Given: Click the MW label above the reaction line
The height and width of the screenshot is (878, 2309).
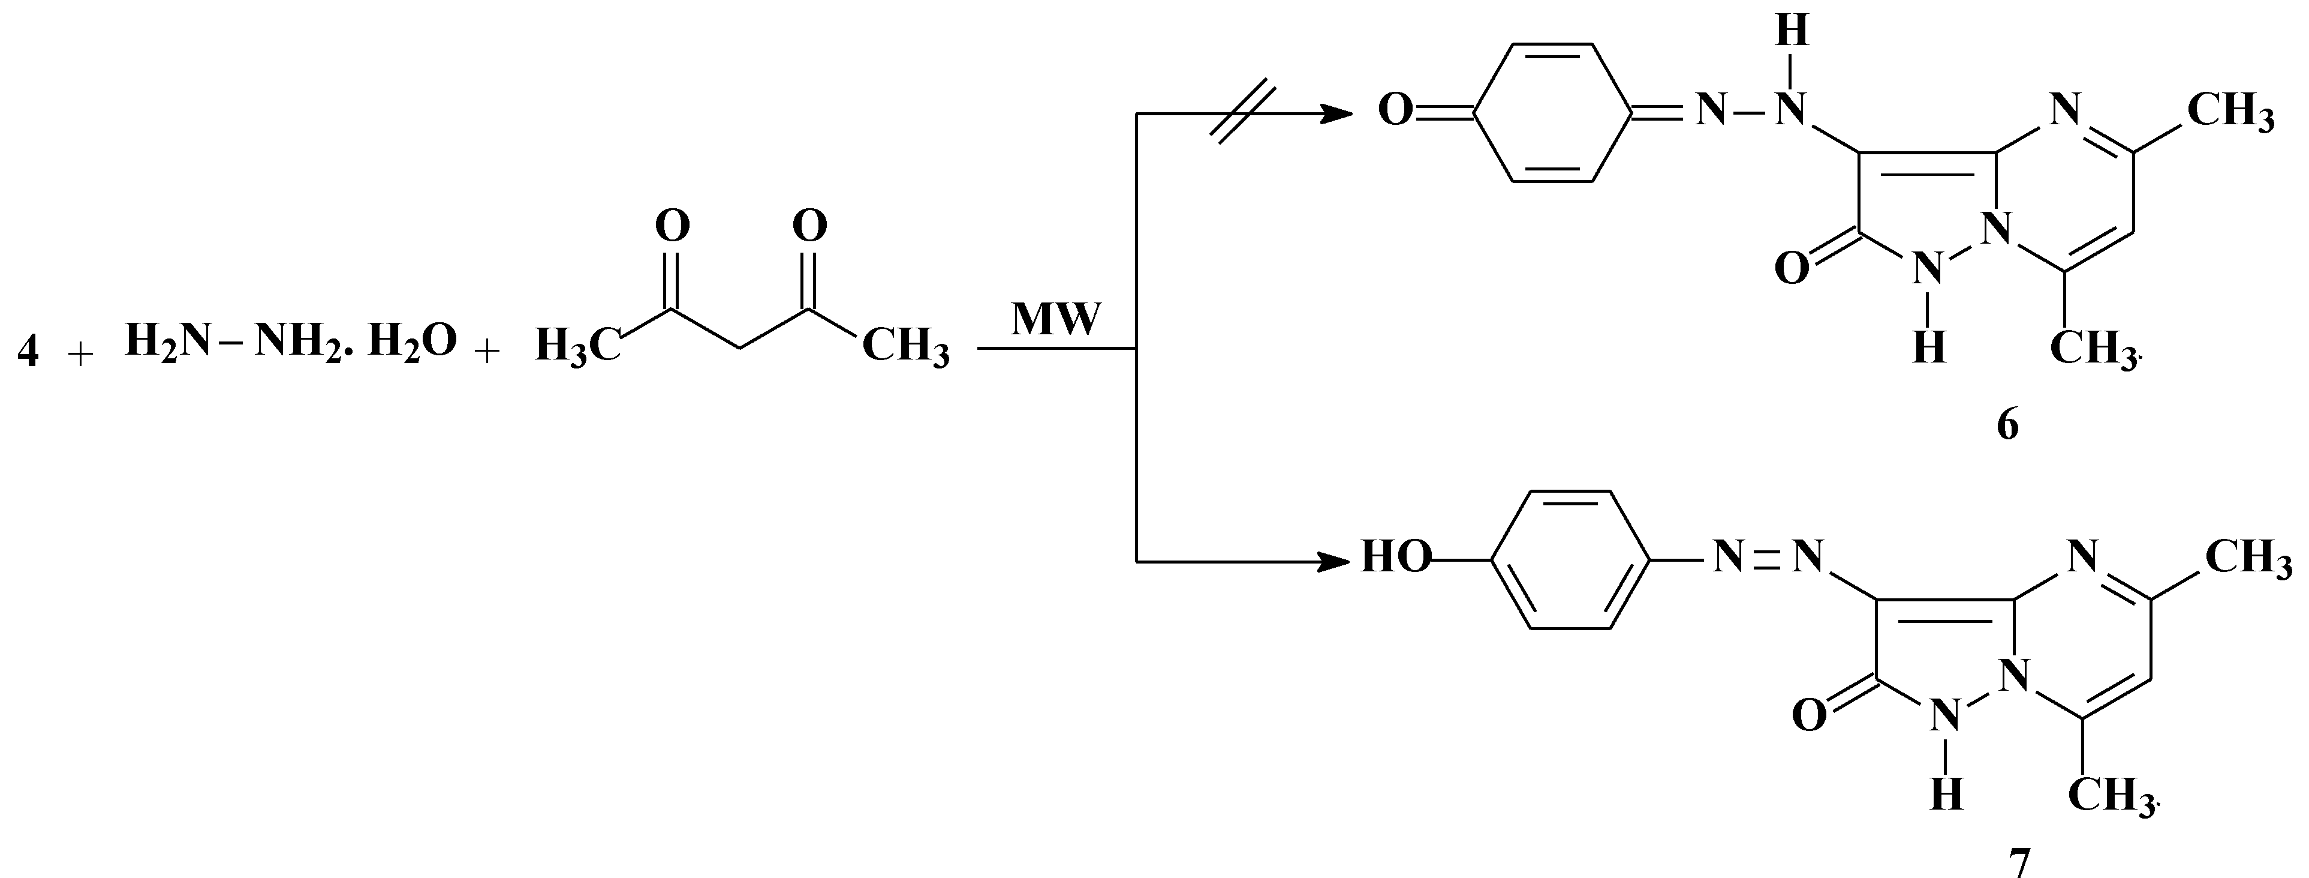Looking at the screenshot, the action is (x=1055, y=319).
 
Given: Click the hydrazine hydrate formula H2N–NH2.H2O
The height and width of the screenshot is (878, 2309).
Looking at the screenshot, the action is (x=290, y=341).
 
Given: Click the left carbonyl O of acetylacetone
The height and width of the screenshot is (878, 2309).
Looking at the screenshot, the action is (x=672, y=226).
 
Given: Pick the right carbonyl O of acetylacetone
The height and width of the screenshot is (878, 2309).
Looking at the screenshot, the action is (x=809, y=226).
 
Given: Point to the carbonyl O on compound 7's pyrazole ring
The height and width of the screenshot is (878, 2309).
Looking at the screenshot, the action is (x=1810, y=715).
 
